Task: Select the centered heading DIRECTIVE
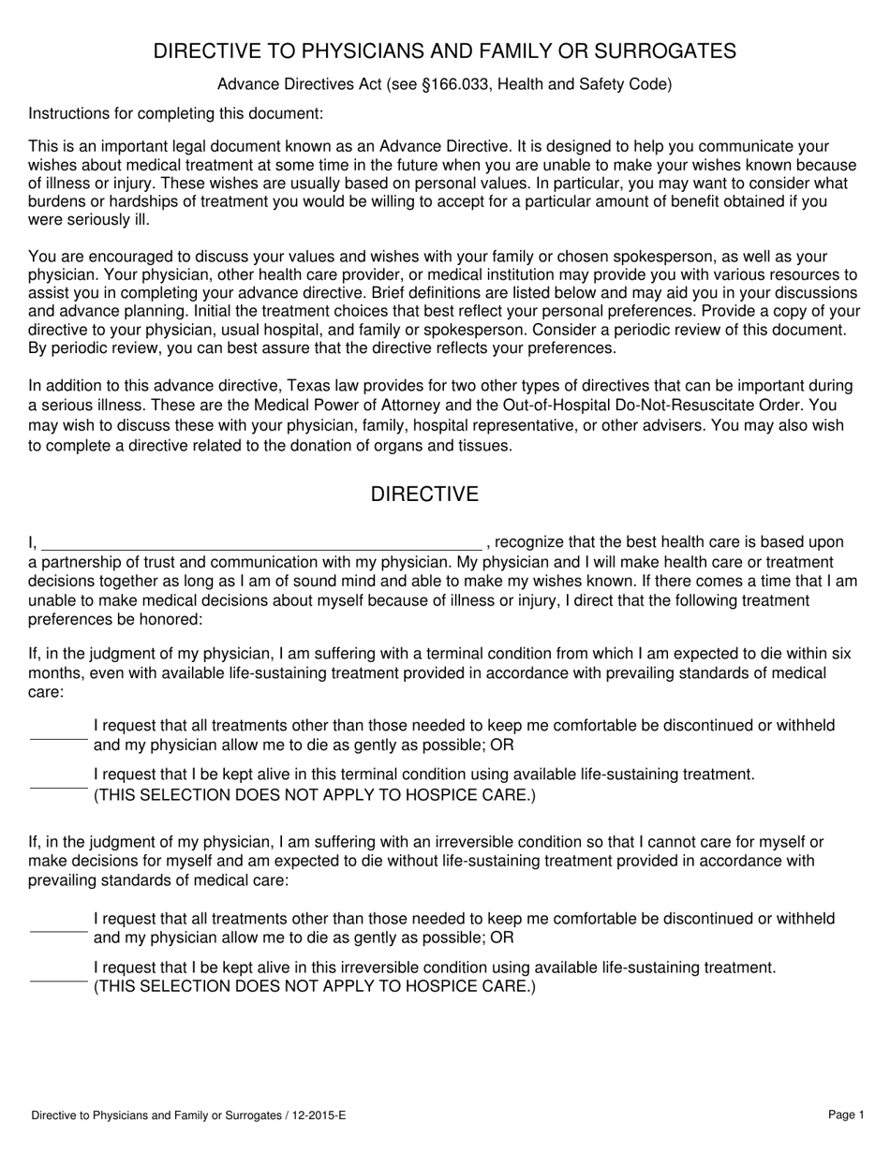pyautogui.click(x=424, y=495)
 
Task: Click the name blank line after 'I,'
pyautogui.click(x=261, y=543)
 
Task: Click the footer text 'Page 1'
pyautogui.click(x=846, y=1115)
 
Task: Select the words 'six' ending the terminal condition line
pyautogui.click(x=840, y=653)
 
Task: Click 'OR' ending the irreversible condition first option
pyautogui.click(x=501, y=938)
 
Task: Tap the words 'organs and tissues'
pyautogui.click(x=450, y=446)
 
